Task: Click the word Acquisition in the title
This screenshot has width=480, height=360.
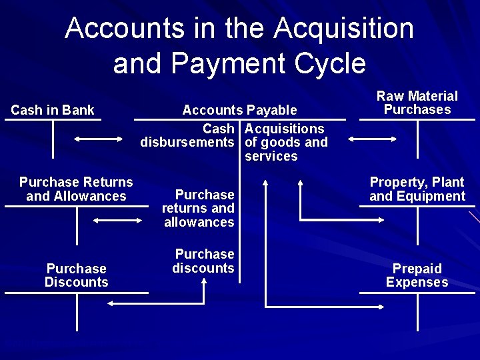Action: click(x=343, y=29)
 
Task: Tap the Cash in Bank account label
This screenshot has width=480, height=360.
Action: click(x=53, y=110)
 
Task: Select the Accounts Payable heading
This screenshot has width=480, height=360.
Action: click(x=239, y=110)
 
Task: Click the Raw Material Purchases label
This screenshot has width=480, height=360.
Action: click(x=417, y=103)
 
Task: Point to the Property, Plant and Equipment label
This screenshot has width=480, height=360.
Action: click(x=417, y=189)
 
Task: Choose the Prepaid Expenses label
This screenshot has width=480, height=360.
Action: click(x=417, y=275)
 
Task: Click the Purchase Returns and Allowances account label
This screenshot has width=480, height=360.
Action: click(x=76, y=189)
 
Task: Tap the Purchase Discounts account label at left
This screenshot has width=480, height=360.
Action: click(x=76, y=275)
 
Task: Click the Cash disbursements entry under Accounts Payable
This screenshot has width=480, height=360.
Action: click(x=187, y=135)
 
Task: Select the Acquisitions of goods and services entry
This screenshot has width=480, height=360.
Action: click(x=286, y=142)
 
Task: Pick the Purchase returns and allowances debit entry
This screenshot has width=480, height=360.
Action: click(x=199, y=208)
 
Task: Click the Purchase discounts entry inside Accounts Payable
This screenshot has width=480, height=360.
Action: click(x=204, y=261)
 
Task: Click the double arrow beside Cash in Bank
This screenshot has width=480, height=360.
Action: click(x=98, y=139)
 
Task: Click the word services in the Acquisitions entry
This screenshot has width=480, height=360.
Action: click(x=271, y=157)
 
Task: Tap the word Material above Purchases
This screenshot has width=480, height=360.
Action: click(x=433, y=96)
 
